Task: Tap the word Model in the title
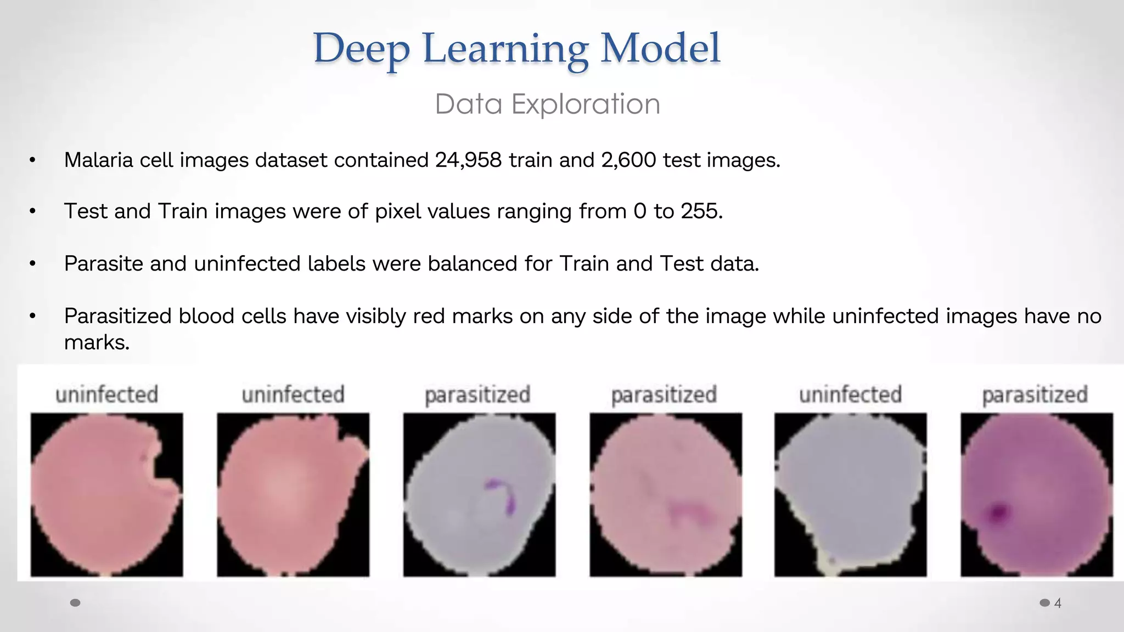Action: [x=660, y=48]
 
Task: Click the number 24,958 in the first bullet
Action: [x=468, y=160]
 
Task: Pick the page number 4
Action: [x=1058, y=603]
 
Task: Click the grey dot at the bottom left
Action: [x=76, y=603]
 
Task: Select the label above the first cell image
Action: [x=106, y=394]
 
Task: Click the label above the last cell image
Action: [x=1035, y=394]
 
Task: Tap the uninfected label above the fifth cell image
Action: [x=850, y=394]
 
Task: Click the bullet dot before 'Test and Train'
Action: [x=33, y=212]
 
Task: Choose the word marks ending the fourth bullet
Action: [x=97, y=343]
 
